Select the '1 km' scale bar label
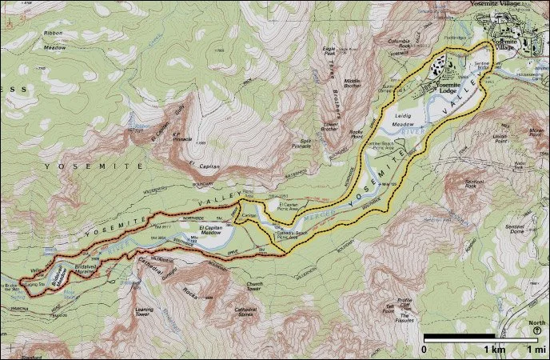click(493, 350)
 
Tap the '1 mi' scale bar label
click(533, 350)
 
